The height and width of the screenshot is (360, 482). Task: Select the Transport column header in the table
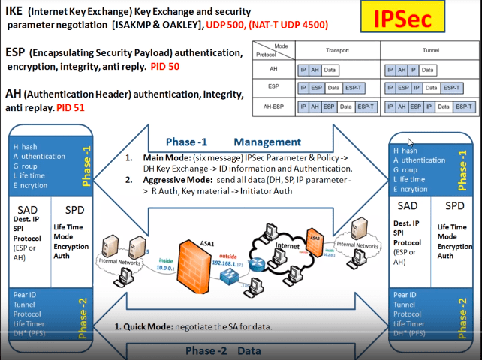click(336, 50)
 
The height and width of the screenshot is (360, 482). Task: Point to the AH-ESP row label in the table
click(273, 106)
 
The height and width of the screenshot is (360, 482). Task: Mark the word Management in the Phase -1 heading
click(267, 142)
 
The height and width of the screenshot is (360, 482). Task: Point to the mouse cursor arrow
click(410, 142)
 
